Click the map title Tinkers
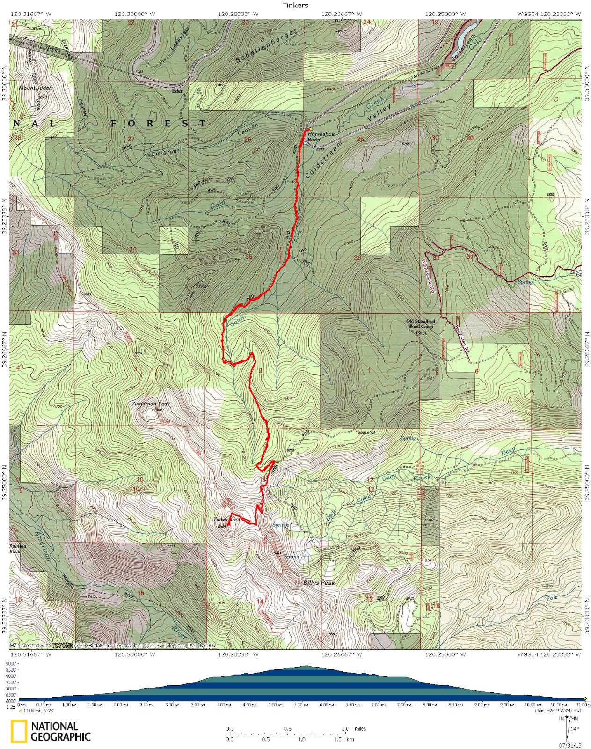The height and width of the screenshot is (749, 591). tap(295, 5)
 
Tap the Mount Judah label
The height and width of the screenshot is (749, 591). tap(35, 88)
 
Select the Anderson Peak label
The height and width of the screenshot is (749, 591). tap(151, 404)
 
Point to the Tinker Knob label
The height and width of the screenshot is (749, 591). tap(227, 520)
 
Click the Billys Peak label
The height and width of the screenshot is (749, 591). tap(319, 583)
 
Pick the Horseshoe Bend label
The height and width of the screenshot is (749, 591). tap(321, 137)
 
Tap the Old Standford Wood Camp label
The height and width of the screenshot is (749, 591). tap(420, 324)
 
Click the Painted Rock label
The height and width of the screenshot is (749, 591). tap(18, 549)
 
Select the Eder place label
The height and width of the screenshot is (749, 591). tap(177, 91)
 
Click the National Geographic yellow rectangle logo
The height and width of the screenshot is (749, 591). tap(19, 732)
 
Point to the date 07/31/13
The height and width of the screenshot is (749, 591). tap(569, 745)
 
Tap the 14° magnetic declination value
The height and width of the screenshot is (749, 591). tap(575, 729)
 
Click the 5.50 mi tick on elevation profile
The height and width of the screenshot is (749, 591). tap(301, 705)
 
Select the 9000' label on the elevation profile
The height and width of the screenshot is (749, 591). tap(11, 664)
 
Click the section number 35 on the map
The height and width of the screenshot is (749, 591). tap(248, 257)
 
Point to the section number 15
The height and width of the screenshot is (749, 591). tap(140, 593)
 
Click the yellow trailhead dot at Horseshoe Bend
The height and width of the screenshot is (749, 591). tap(310, 129)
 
